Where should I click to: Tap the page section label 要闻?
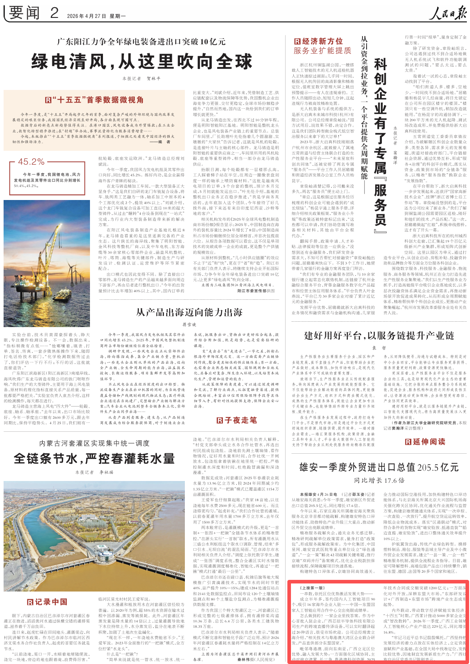pos(24,13)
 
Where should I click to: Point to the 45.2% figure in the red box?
pos(31,162)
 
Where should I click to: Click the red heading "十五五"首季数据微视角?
pos(94,100)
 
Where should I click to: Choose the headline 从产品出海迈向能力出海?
pos(189,312)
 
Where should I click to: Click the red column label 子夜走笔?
pos(236,420)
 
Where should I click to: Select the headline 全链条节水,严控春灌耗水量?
pos(94,459)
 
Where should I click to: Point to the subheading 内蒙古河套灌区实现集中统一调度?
pos(94,443)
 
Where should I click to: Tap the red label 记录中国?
pos(47,602)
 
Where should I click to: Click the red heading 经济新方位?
pos(318,41)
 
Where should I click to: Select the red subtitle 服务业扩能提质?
pos(322,51)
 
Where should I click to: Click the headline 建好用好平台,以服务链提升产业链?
pos(379,336)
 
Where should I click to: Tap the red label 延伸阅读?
pos(425,442)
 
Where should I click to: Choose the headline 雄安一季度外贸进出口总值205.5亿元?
pos(379,467)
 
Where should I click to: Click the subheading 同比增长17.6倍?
pos(379,480)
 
